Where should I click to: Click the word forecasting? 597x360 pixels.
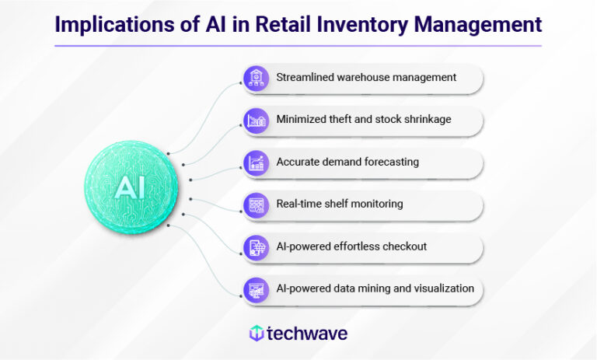tap(390, 163)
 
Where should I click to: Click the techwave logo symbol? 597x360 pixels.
tap(256, 334)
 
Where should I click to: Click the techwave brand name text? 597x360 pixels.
tap(307, 334)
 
